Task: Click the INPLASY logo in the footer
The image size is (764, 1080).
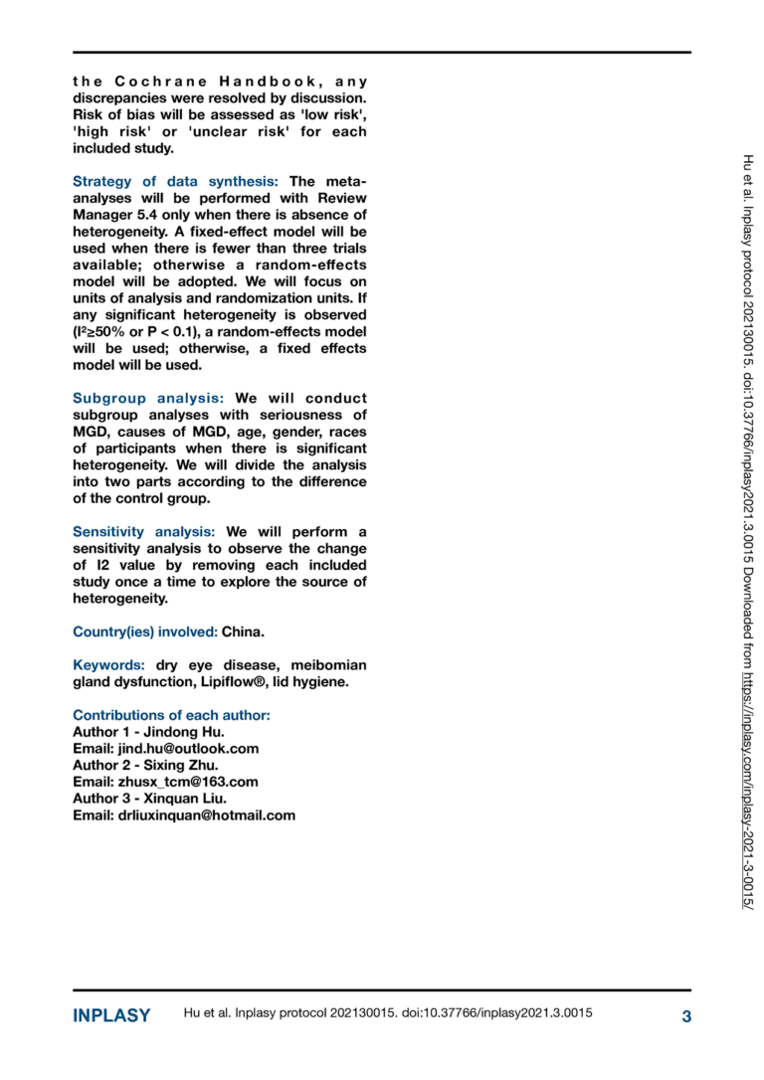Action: click(x=111, y=1015)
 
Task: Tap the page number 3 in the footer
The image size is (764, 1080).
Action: click(x=685, y=1015)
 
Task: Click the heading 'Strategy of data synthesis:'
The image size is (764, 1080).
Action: click(x=178, y=182)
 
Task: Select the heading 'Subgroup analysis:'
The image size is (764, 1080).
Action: click(x=148, y=398)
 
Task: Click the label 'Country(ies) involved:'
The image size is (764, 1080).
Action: click(x=145, y=631)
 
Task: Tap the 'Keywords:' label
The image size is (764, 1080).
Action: click(x=109, y=664)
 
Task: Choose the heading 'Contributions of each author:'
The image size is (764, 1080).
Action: click(x=172, y=715)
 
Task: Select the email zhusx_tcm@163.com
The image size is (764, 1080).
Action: click(x=188, y=782)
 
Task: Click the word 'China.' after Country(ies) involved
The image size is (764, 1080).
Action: click(x=244, y=631)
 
